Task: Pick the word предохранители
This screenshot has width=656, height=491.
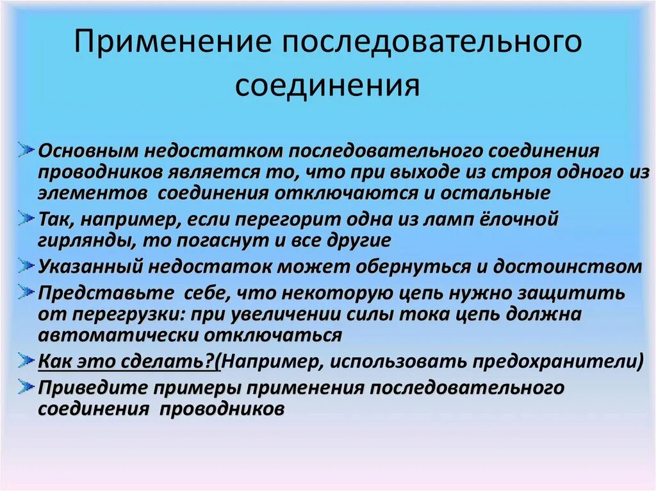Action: (555, 361)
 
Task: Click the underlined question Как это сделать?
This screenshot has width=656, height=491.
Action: (127, 361)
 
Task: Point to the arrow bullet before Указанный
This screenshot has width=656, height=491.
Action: (26, 265)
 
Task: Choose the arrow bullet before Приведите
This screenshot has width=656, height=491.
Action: (26, 386)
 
